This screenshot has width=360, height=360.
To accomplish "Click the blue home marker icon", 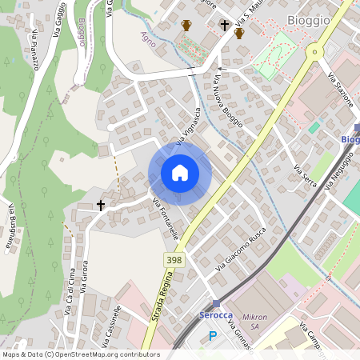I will point(180,173).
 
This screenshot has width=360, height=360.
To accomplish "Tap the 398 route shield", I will point(174,260).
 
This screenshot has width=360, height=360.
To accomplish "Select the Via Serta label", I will point(306,177).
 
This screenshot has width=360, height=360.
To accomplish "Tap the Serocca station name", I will point(215,315).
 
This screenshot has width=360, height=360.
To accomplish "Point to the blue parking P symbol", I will point(212,336).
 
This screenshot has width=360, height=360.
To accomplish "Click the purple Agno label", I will point(148,38).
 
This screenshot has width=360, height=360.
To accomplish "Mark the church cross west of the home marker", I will point(101,206).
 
